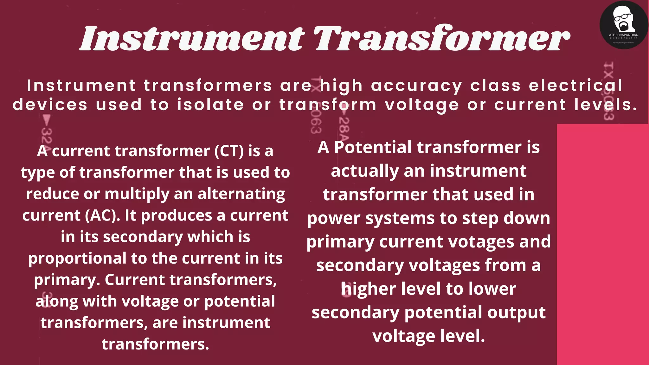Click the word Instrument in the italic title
tap(192, 39)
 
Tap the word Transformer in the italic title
tap(442, 39)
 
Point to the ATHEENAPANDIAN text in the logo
tap(624, 35)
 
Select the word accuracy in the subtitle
tap(416, 86)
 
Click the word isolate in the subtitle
tap(210, 105)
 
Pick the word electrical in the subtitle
tap(575, 86)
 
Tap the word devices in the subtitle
tap(50, 105)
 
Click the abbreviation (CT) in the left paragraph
tap(229, 151)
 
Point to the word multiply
tap(137, 194)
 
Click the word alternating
tap(241, 194)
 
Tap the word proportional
tap(77, 259)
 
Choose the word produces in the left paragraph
tap(177, 215)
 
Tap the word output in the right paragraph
tap(516, 312)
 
